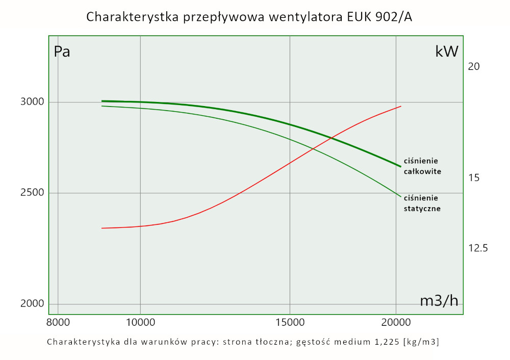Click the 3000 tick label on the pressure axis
coord(33,102)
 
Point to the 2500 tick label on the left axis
coord(33,193)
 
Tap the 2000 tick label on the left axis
coord(33,304)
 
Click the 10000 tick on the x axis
coord(140,322)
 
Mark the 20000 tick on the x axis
coord(396,322)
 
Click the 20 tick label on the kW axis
coord(474,66)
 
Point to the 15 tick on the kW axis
coord(474,178)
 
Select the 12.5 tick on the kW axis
coord(478,248)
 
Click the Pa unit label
coord(62,52)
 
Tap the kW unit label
coord(447,52)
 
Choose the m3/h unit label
coord(439,301)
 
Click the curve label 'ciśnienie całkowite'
coord(422,166)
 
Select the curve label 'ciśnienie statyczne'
coord(422,203)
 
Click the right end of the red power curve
coord(401,106)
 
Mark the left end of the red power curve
coord(102,228)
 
